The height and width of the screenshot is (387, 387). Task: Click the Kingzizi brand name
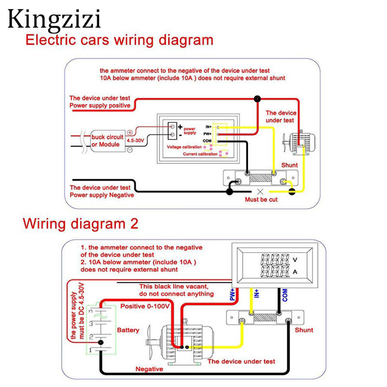[55, 19]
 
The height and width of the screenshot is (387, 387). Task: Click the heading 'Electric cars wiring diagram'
[119, 40]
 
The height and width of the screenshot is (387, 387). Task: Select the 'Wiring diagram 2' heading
[81, 224]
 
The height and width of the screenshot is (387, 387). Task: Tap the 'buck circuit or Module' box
[107, 141]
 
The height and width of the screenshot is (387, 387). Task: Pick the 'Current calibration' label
[200, 154]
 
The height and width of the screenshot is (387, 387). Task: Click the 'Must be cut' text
[261, 199]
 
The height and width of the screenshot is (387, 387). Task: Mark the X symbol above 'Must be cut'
[259, 191]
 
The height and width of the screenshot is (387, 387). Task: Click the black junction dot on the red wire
[257, 99]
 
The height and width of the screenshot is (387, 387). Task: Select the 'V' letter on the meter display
[295, 259]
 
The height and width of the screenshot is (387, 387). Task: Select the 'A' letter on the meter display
[295, 272]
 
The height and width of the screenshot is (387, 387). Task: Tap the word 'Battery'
[128, 330]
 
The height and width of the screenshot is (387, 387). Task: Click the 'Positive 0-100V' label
[144, 306]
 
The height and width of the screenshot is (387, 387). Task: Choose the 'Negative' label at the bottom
[149, 369]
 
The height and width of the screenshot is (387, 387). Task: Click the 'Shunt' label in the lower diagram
[304, 330]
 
